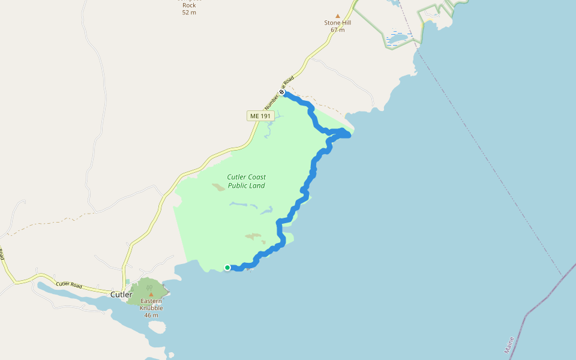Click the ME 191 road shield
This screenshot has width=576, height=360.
pos(259,115)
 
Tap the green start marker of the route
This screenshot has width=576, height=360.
pos(227,268)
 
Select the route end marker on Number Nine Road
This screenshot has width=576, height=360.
pos(281,92)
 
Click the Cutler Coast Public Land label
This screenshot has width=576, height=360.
pos(246,181)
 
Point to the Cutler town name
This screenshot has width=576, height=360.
pos(121,295)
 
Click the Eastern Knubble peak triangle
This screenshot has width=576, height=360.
pos(151,294)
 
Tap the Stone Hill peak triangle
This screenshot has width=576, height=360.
pos(338,16)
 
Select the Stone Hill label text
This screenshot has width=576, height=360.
pos(338,23)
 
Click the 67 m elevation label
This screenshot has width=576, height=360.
pos(338,30)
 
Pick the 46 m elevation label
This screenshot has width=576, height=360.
pos(151,315)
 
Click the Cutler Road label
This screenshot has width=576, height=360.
pos(68,284)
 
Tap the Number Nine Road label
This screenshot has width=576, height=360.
pos(286,88)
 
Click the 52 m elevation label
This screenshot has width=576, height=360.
pos(189,13)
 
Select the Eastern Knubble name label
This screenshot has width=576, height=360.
pos(151,304)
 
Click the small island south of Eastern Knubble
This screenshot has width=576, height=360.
pos(156,327)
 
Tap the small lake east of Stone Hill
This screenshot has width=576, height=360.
pos(396,41)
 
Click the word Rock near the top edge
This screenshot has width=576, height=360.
pos(189,5)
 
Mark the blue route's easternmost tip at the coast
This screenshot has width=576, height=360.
pos(349,135)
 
